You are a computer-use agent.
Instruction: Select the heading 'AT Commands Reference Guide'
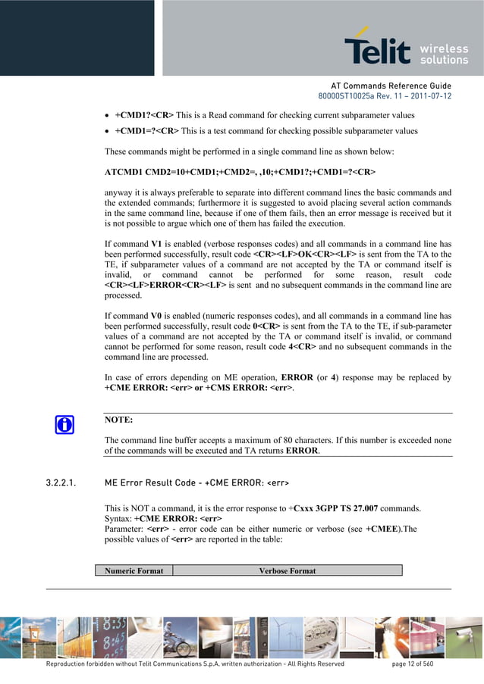pos(391,86)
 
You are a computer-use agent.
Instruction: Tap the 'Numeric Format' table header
pos(134,570)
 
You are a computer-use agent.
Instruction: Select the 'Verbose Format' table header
pos(287,570)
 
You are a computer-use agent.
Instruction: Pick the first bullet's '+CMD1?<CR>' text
pos(144,115)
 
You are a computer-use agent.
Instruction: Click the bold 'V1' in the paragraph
pos(157,244)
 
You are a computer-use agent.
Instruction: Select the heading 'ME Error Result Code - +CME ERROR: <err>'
pos(196,483)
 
